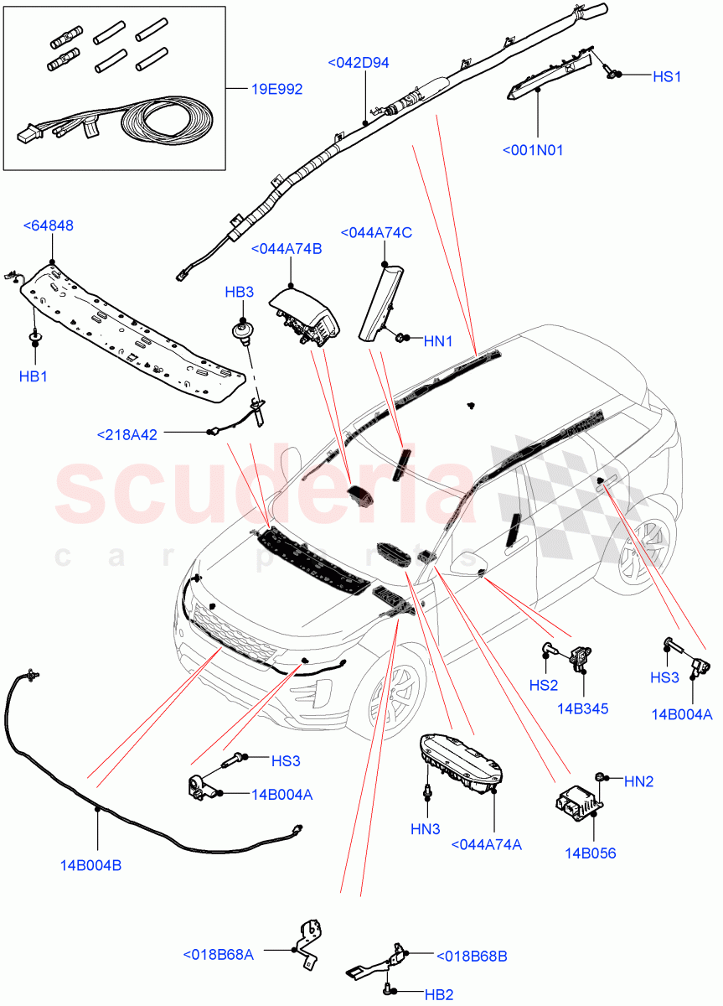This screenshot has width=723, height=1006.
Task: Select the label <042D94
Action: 359,63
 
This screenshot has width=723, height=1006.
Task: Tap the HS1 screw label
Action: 667,75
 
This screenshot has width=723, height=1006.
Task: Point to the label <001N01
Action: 533,150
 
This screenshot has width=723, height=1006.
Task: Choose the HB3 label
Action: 239,292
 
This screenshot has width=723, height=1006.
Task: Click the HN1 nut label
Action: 437,341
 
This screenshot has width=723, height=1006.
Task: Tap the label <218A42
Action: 126,434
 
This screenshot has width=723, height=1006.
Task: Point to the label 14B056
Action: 590,853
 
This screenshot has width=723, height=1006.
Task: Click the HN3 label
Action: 425,829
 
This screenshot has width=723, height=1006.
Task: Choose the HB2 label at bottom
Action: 438,995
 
